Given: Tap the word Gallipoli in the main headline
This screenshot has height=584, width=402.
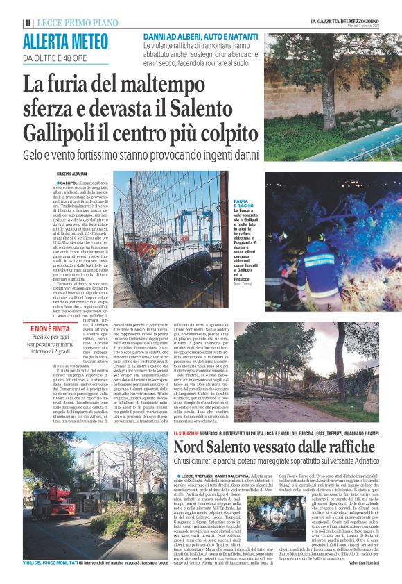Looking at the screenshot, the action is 69,131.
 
